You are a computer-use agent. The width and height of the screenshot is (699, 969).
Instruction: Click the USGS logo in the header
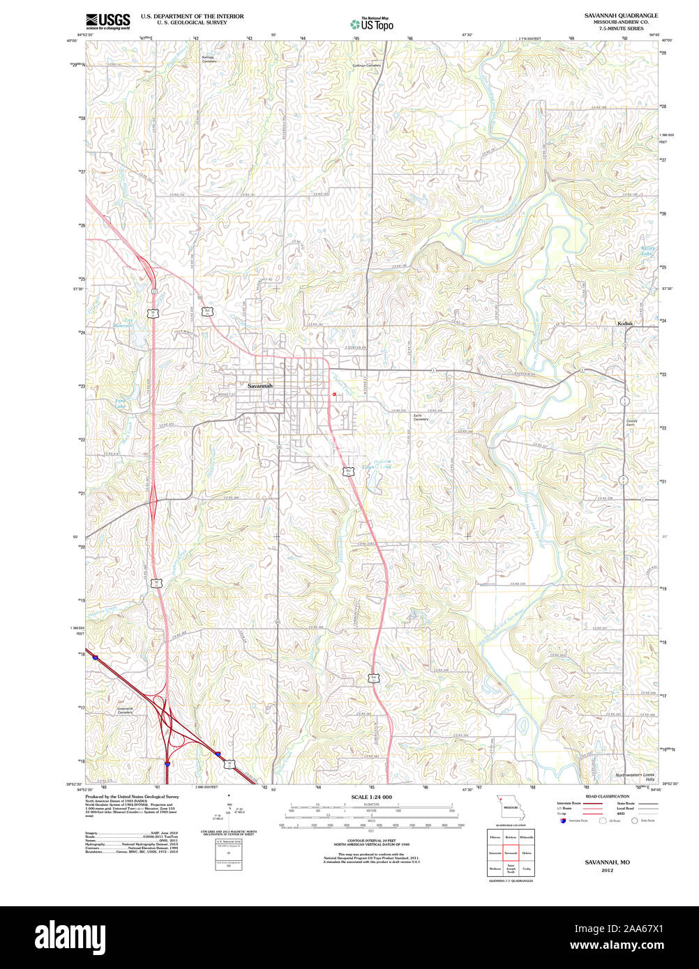pyautogui.click(x=108, y=20)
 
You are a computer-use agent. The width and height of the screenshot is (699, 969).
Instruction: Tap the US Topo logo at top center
pyautogui.click(x=372, y=24)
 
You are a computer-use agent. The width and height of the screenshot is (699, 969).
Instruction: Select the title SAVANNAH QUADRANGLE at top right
pyautogui.click(x=621, y=15)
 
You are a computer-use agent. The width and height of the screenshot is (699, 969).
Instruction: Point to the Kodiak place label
pyautogui.click(x=624, y=323)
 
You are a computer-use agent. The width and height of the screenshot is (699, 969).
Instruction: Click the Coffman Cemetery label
pyautogui.click(x=367, y=66)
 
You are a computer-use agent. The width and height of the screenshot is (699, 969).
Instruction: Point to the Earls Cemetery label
pyautogui.click(x=421, y=418)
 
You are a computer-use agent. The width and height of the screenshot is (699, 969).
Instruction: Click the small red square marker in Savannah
pyautogui.click(x=334, y=395)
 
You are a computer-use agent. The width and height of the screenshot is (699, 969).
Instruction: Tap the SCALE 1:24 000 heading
pyautogui.click(x=371, y=797)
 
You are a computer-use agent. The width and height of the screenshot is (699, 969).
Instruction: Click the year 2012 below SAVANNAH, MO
pyautogui.click(x=607, y=871)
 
